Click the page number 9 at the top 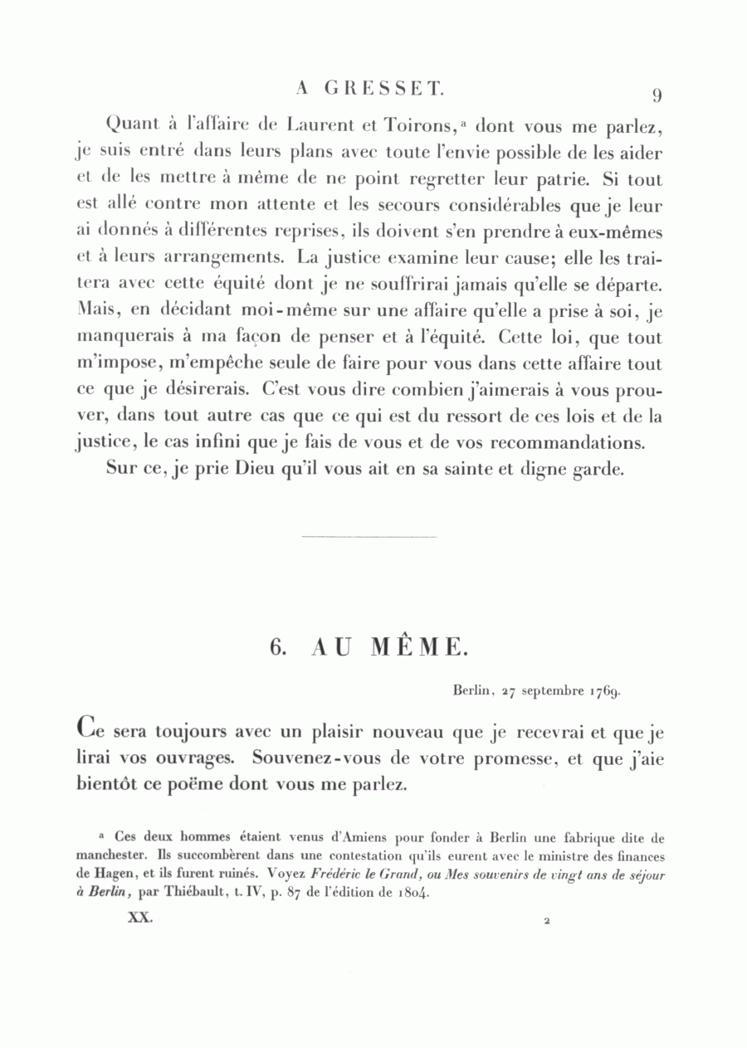656,95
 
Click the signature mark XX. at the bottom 138,919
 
